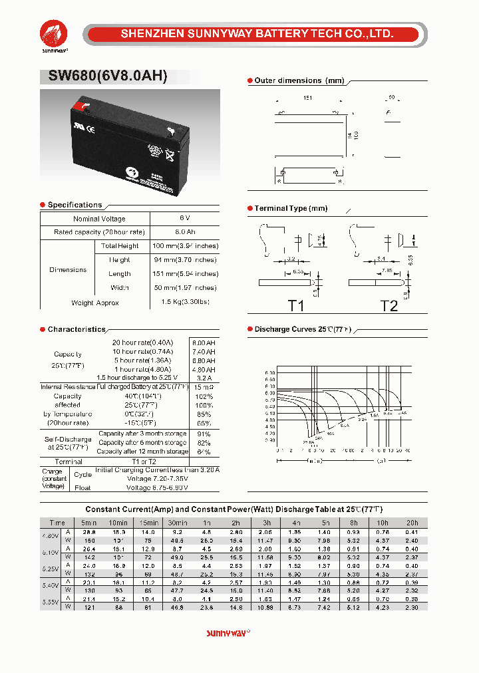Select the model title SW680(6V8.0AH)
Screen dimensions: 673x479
108,76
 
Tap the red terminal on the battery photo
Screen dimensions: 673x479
81,104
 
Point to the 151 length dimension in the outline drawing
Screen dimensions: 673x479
307,98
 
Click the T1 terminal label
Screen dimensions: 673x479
296,305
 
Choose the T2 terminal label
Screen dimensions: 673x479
389,305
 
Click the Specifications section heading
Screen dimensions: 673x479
75,205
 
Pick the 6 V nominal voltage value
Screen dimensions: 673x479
184,218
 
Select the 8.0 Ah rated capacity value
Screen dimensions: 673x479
184,232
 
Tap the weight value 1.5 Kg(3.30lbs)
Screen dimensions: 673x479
184,303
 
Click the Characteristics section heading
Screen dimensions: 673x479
77,329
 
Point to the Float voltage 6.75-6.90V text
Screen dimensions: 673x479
157,487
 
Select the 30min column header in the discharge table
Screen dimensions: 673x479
177,523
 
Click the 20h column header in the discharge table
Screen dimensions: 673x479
412,523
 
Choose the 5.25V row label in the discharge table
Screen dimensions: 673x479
51,569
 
